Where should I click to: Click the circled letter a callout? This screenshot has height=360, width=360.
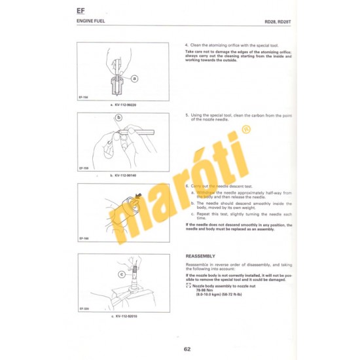coord(135,78)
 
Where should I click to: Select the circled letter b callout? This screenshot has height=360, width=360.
coord(119,118)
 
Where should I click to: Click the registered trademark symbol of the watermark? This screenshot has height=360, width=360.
coord(246,130)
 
